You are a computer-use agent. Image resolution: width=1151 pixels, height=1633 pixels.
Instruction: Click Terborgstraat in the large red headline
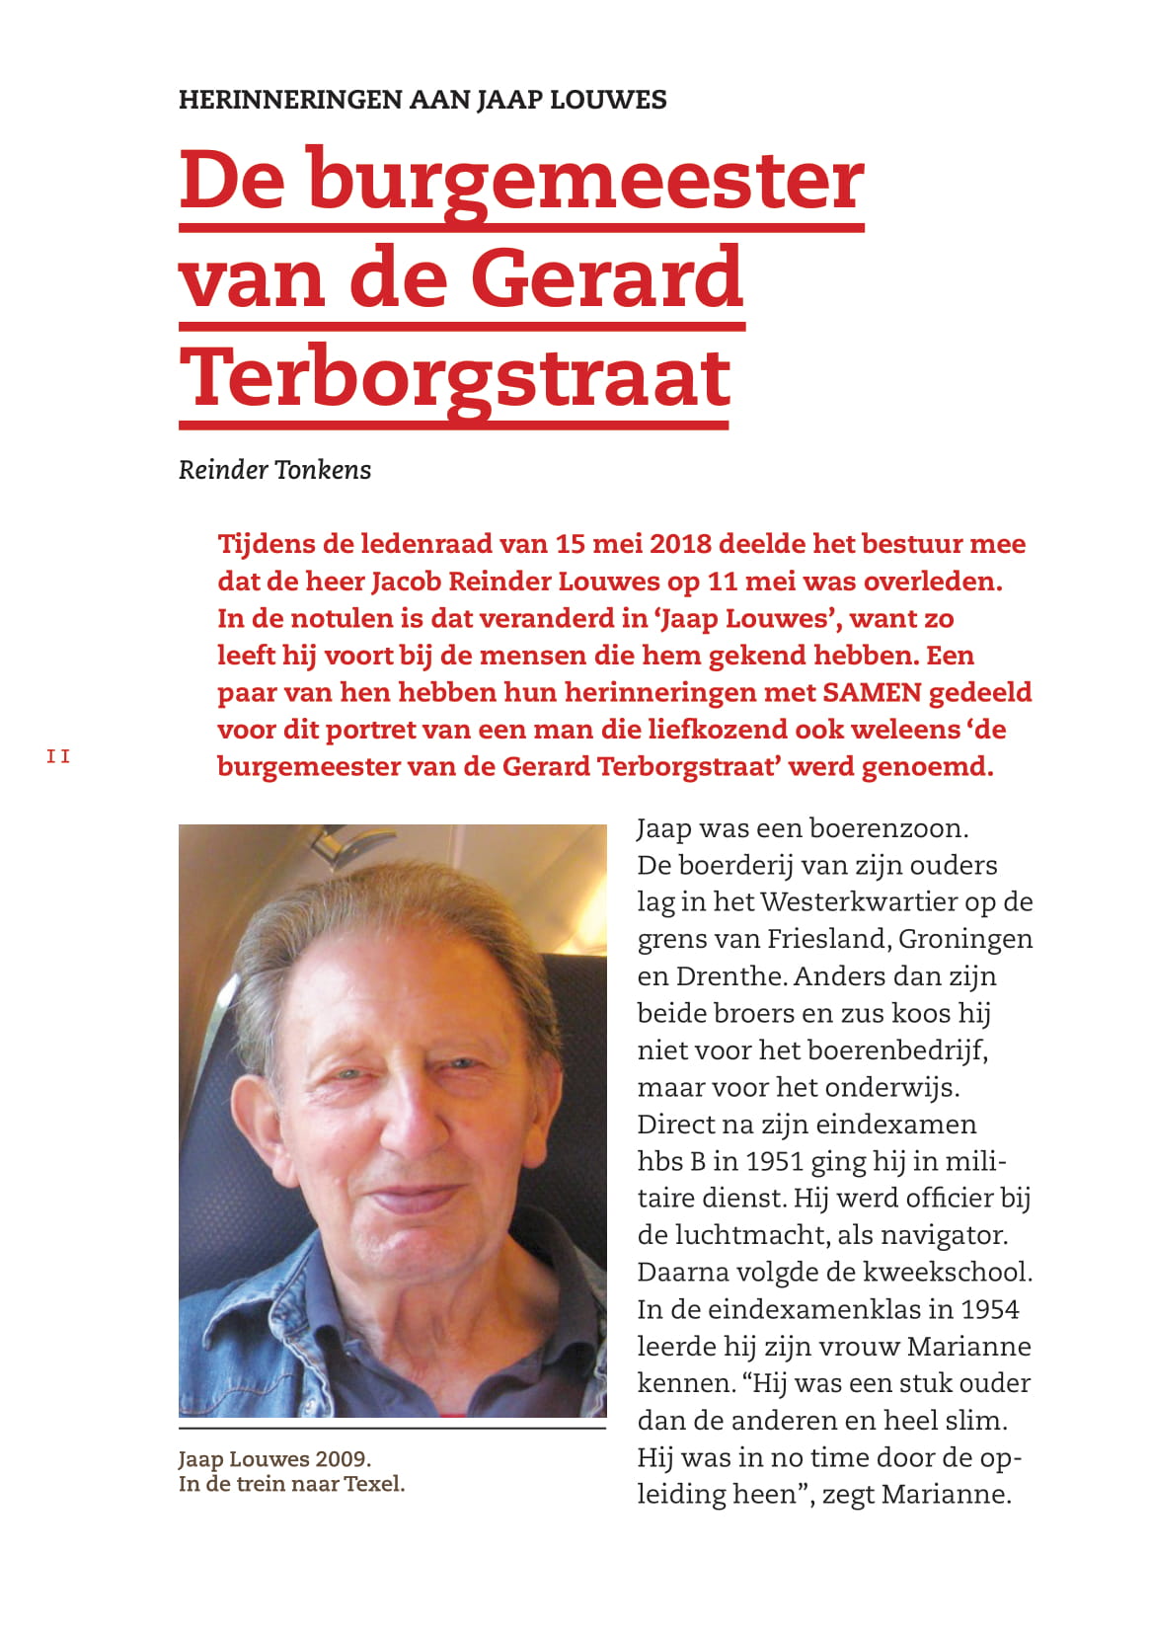pyautogui.click(x=455, y=378)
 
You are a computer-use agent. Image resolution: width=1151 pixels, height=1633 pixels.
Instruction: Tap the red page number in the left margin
pyautogui.click(x=58, y=756)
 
